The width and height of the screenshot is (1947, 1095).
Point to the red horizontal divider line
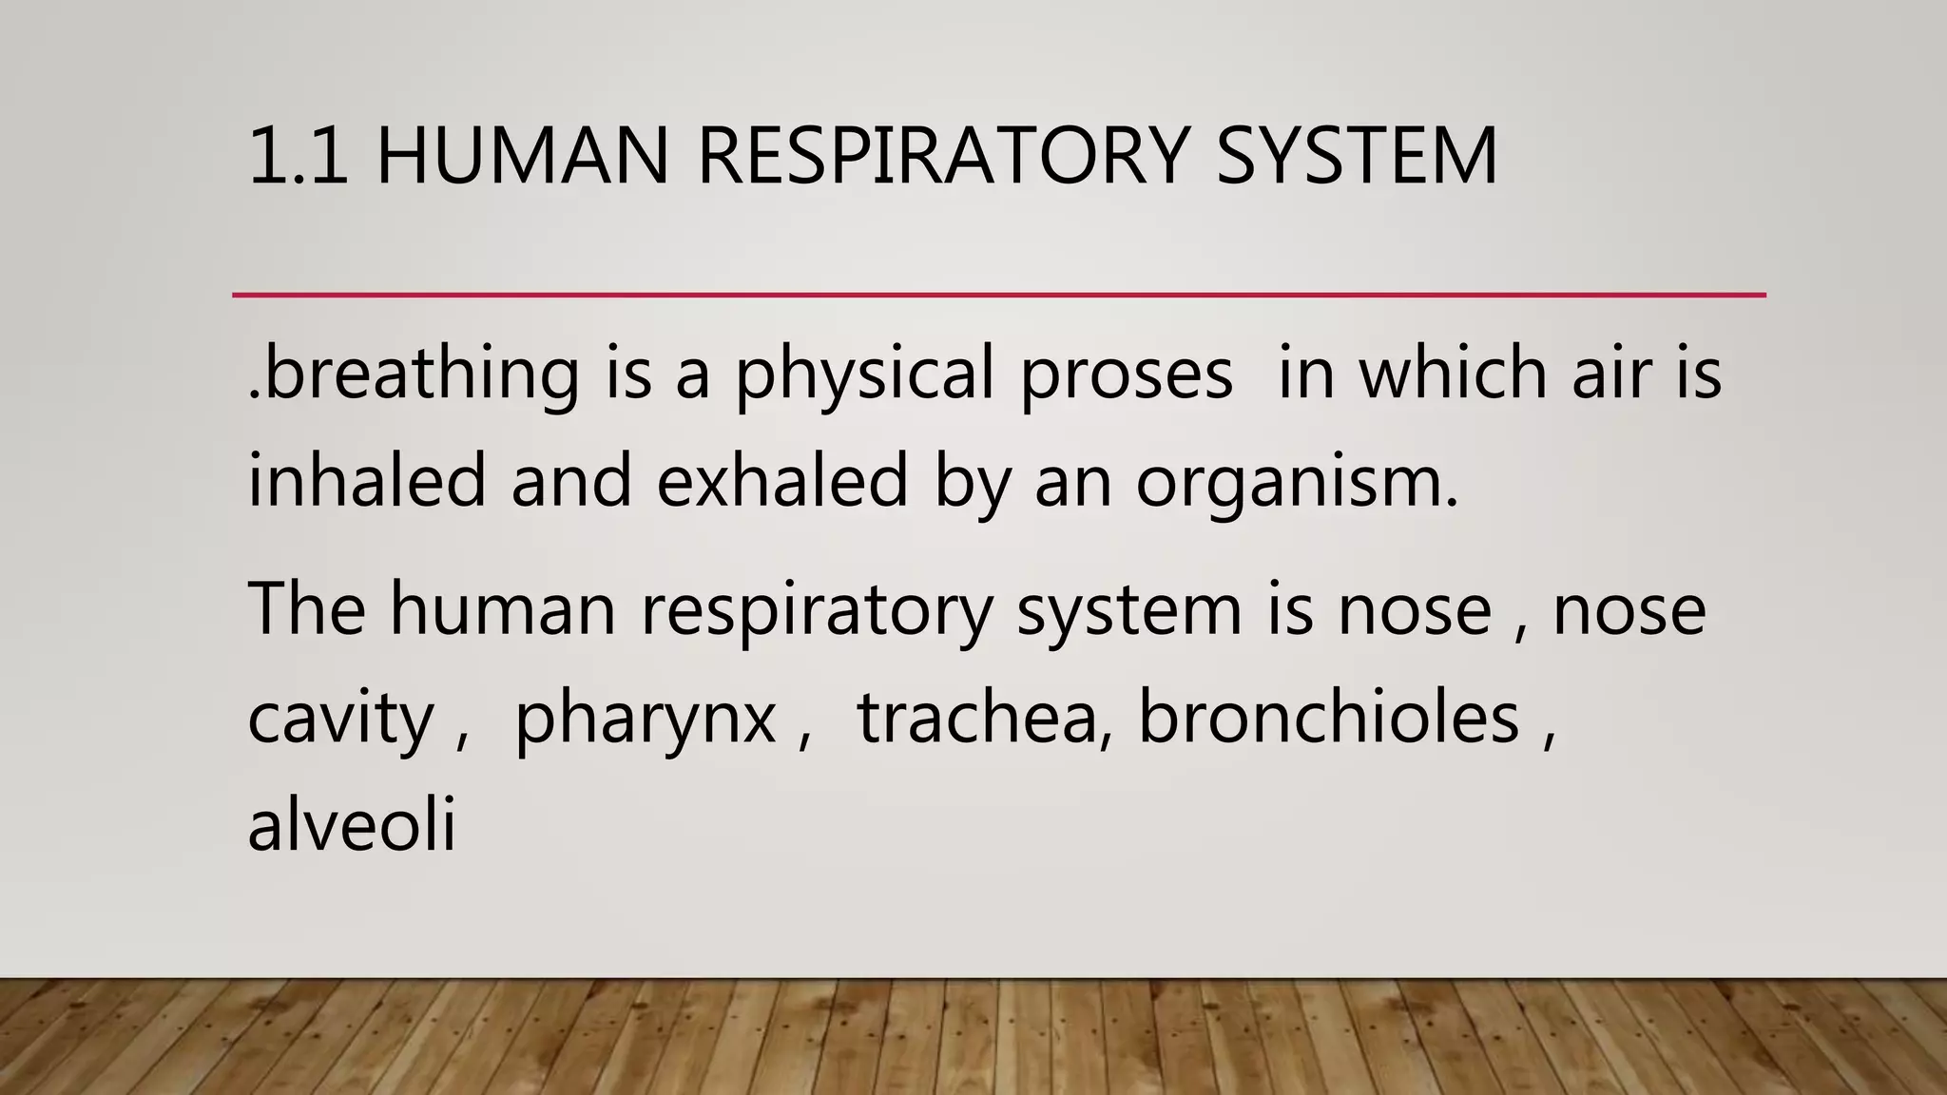click(x=998, y=296)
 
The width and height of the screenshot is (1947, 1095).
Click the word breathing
click(x=419, y=373)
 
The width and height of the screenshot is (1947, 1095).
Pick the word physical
click(x=864, y=373)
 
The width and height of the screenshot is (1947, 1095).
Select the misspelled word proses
click(x=1127, y=373)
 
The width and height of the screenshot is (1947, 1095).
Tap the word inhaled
click(x=367, y=480)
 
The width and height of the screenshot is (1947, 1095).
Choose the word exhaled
click(x=782, y=480)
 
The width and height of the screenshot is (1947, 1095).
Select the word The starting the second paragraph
click(x=306, y=608)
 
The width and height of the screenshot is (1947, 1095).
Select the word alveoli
click(x=352, y=824)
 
